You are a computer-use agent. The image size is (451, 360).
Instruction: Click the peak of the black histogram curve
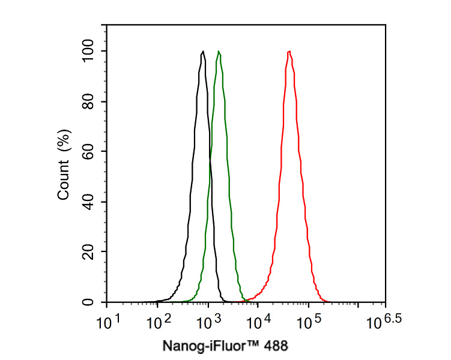[204, 52]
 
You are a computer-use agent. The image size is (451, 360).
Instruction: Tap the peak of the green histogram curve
[219, 52]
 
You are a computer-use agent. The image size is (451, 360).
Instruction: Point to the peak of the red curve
[289, 52]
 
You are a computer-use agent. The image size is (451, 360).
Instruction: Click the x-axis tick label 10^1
[109, 322]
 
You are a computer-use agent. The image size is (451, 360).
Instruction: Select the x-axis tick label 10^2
[159, 322]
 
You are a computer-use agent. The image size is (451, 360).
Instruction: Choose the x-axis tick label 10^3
[209, 322]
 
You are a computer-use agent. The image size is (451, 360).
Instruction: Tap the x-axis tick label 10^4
[259, 322]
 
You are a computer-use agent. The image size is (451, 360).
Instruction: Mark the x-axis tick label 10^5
[309, 322]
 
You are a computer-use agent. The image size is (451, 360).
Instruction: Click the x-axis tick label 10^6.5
[382, 322]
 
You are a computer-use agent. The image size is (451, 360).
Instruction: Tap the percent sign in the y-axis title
[64, 143]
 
